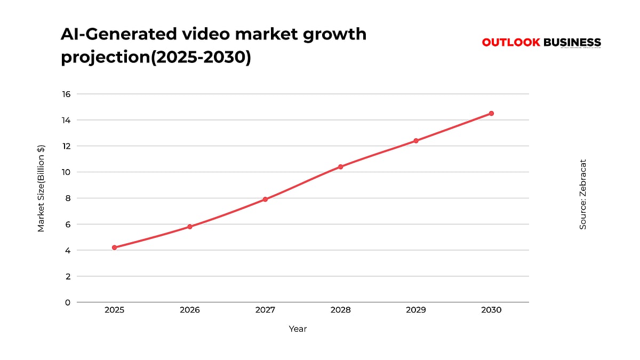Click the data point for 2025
114,247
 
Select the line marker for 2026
190,227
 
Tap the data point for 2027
265,199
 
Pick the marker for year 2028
340,167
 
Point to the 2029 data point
416,141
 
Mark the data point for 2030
491,114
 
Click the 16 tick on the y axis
66,94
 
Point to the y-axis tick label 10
66,172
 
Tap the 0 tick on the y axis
68,302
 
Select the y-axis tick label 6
68,225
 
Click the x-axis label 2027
265,310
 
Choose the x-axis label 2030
491,310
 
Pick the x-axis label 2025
114,310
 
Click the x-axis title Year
298,329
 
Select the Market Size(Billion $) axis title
41,188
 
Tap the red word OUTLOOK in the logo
511,43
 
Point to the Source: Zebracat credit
583,195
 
